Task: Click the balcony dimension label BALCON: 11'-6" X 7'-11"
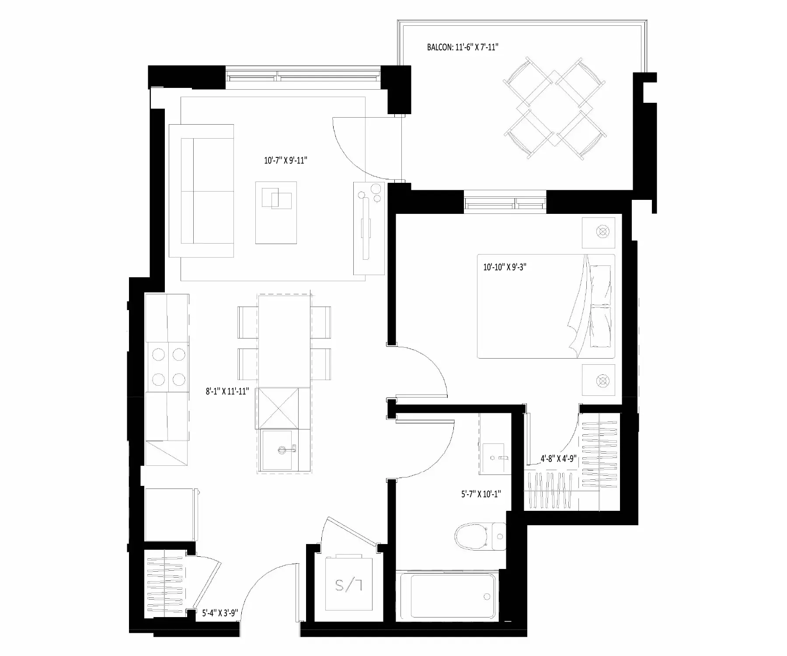pyautogui.click(x=463, y=47)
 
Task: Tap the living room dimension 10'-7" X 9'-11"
pyautogui.click(x=286, y=161)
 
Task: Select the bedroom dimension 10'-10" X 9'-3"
pyautogui.click(x=505, y=267)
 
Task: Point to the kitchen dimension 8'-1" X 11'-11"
pyautogui.click(x=227, y=391)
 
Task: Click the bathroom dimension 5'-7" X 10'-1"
pyautogui.click(x=481, y=494)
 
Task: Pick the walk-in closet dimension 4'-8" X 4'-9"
pyautogui.click(x=558, y=459)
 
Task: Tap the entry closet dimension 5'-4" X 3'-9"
pyautogui.click(x=219, y=613)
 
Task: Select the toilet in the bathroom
pyautogui.click(x=480, y=537)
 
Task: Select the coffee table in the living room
pyautogui.click(x=276, y=213)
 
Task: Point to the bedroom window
pyautogui.click(x=505, y=202)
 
